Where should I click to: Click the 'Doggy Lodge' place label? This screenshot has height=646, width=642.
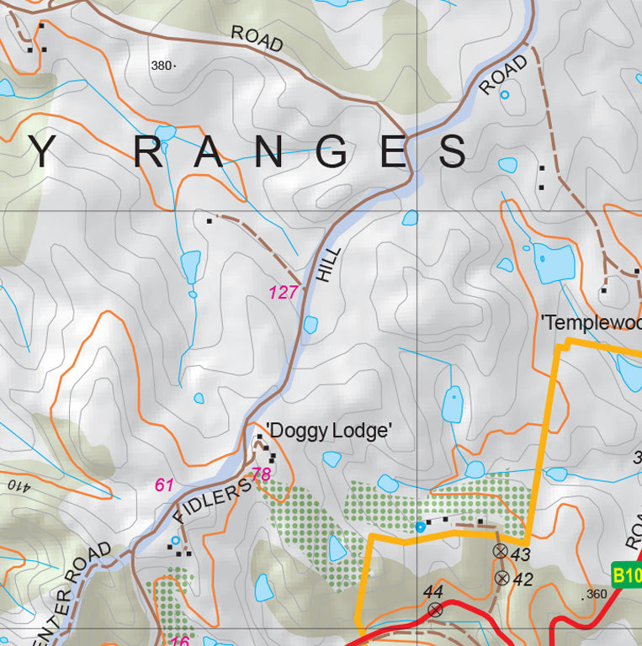(x=330, y=431)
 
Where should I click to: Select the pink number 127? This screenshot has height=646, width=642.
(x=284, y=293)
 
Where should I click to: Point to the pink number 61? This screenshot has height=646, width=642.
(x=164, y=484)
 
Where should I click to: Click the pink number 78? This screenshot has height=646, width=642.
(x=261, y=474)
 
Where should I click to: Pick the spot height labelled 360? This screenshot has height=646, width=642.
(x=595, y=595)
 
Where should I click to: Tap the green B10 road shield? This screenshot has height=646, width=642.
(x=626, y=576)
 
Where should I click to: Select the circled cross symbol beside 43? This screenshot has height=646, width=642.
(x=500, y=552)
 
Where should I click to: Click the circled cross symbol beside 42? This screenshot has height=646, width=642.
(x=502, y=578)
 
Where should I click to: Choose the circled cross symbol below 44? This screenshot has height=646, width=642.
(x=435, y=610)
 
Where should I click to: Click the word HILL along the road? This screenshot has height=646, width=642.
(x=331, y=264)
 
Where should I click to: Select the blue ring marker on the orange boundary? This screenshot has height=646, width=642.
(x=420, y=527)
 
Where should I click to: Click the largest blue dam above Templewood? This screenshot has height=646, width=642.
(x=553, y=262)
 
